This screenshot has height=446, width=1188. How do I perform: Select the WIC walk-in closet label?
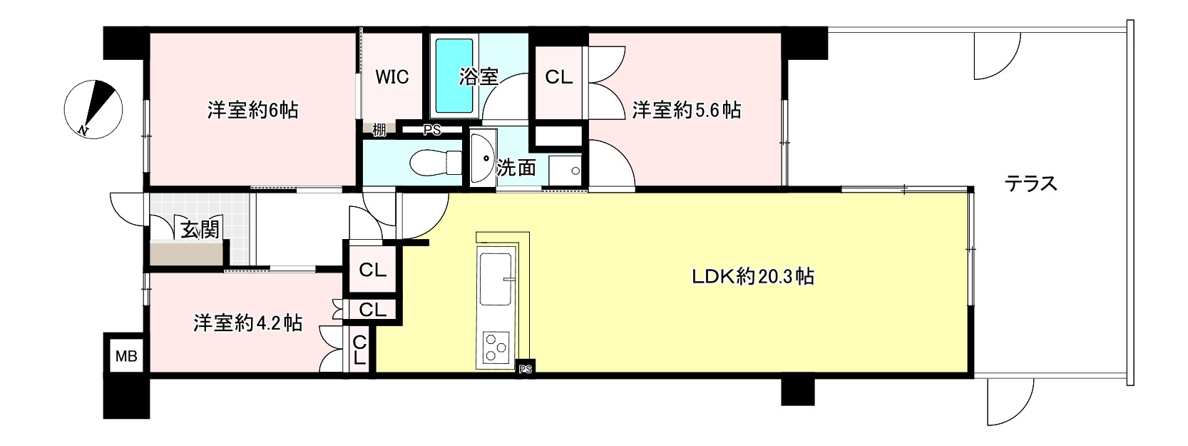click(392, 76)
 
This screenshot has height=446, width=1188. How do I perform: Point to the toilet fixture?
click(432, 162)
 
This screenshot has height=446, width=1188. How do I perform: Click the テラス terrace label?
click(1030, 184)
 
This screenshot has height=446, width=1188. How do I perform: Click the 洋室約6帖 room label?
click(252, 111)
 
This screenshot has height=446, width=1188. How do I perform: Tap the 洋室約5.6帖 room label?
click(686, 111)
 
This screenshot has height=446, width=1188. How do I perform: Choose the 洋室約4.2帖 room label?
click(247, 323)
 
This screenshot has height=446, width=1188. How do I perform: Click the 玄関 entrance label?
click(199, 230)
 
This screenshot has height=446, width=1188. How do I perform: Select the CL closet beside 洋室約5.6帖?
click(558, 77)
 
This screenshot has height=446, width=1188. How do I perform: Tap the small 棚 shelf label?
click(379, 130)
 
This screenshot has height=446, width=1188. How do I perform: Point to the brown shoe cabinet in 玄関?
click(188, 253)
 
